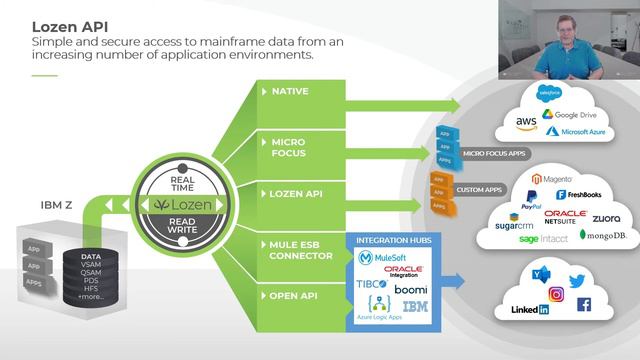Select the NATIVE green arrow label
pyautogui.click(x=290, y=92)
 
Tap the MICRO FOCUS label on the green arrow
pyautogui.click(x=289, y=148)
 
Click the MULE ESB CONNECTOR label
pyautogui.click(x=299, y=250)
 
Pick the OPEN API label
pyautogui.click(x=294, y=296)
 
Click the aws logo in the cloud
pyautogui.click(x=526, y=122)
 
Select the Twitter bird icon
pyautogui.click(x=577, y=281)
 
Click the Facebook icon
pyautogui.click(x=584, y=304)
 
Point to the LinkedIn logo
pyautogui.click(x=529, y=310)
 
